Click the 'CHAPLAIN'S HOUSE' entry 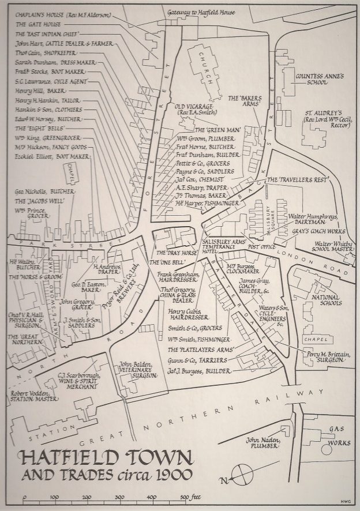[x=63, y=14]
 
